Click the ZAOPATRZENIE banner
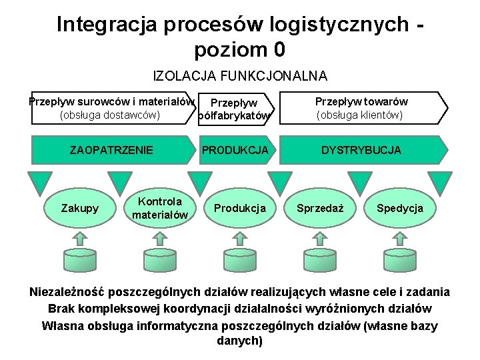(111, 150)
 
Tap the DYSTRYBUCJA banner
(361, 150)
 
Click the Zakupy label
(79, 208)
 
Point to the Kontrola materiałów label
(160, 208)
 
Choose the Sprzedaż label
(320, 208)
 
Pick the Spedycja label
(399, 208)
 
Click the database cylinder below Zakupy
(79, 261)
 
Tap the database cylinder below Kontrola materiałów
(160, 261)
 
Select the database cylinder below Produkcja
(239, 261)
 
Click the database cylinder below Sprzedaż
(320, 261)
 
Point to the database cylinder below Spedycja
(399, 261)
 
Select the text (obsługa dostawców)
(110, 115)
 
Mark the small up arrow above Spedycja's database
(399, 237)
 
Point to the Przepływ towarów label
(361, 102)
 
